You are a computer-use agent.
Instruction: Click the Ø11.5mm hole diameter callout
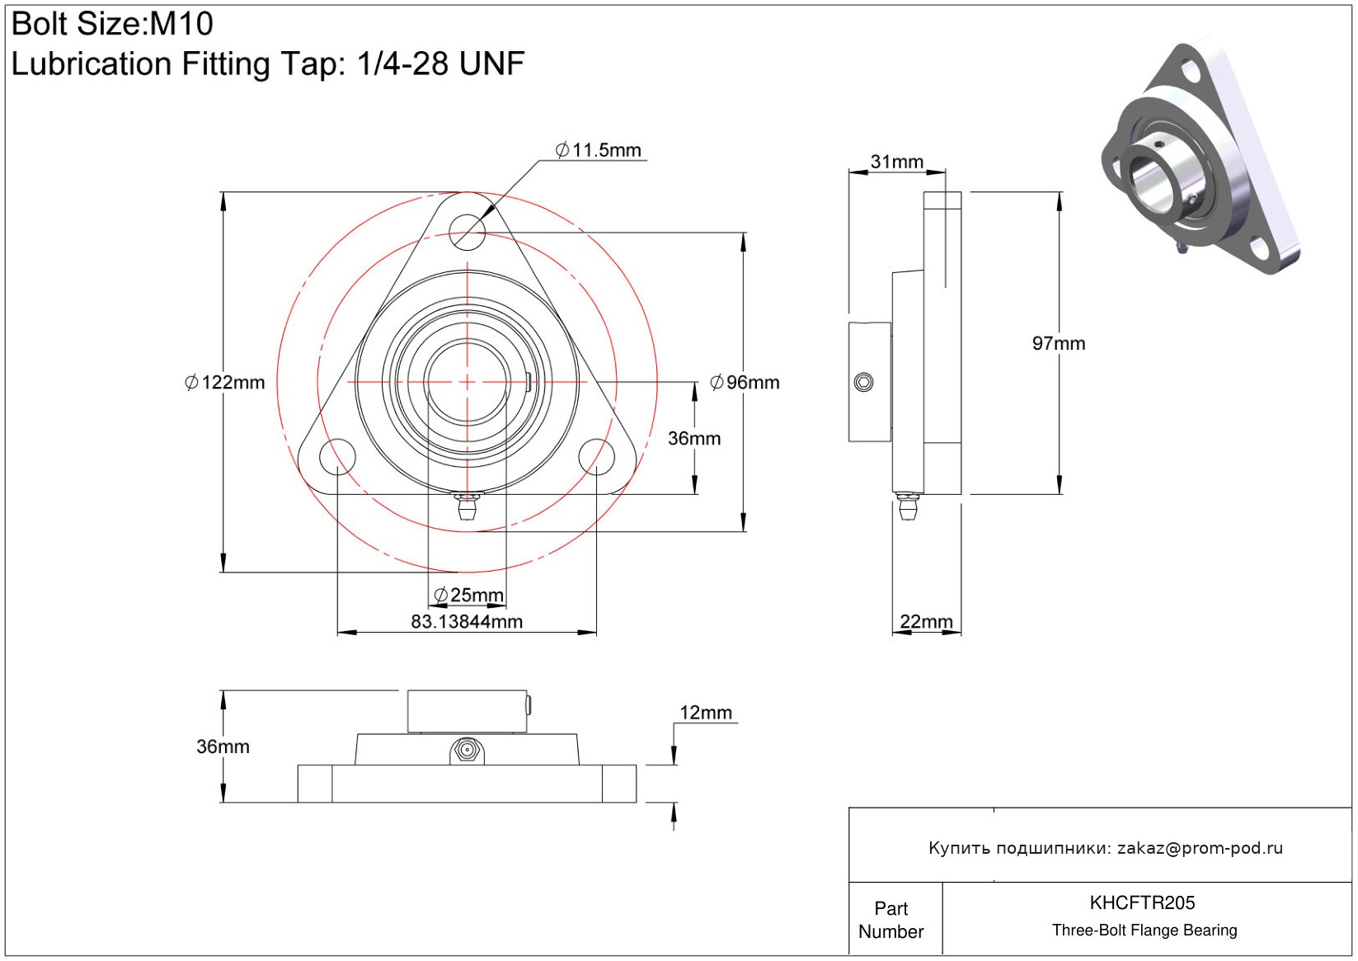pyautogui.click(x=599, y=150)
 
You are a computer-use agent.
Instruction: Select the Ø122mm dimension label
pyautogui.click(x=224, y=383)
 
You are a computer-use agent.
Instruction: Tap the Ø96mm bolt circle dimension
pyautogui.click(x=745, y=383)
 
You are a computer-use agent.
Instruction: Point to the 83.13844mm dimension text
pyautogui.click(x=467, y=622)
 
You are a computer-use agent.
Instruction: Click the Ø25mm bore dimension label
pyautogui.click(x=468, y=595)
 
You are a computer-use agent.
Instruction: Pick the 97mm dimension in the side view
pyautogui.click(x=1059, y=344)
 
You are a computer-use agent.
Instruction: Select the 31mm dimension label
pyautogui.click(x=897, y=162)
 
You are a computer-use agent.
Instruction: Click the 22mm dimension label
pyautogui.click(x=926, y=621)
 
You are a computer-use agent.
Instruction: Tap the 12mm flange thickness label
pyautogui.click(x=706, y=713)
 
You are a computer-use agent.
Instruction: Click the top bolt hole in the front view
pyautogui.click(x=468, y=232)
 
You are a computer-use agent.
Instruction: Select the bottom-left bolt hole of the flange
pyautogui.click(x=337, y=457)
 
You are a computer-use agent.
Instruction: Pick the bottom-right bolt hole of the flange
pyautogui.click(x=596, y=457)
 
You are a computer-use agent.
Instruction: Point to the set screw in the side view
pyautogui.click(x=863, y=382)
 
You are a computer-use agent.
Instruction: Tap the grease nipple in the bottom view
pyautogui.click(x=467, y=751)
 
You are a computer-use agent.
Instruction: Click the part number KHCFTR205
pyautogui.click(x=1142, y=902)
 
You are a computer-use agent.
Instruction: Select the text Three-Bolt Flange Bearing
pyautogui.click(x=1144, y=930)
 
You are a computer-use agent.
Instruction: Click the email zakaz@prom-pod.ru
pyautogui.click(x=1200, y=848)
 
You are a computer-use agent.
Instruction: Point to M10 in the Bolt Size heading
pyautogui.click(x=181, y=24)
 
